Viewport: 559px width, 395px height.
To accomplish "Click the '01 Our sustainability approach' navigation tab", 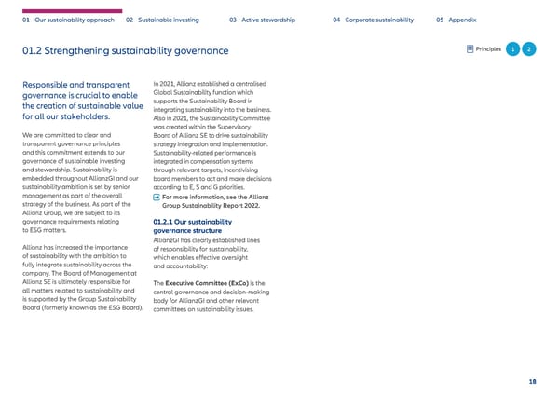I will coord(66,20).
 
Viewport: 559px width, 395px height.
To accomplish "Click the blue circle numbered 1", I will coord(511,49).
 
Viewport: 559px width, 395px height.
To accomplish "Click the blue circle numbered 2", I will coord(528,49).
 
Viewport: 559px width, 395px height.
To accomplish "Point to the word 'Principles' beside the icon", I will coord(488,49).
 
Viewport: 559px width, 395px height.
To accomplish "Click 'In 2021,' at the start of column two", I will coord(166,85).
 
